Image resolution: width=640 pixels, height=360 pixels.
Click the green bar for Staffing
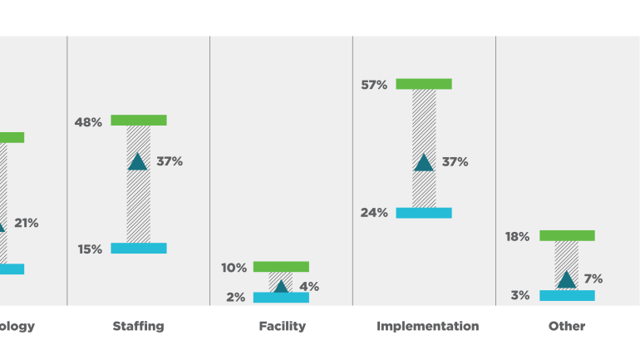[139, 121]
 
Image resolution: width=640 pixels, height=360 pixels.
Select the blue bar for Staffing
[139, 249]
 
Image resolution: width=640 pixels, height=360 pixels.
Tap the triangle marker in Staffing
[138, 162]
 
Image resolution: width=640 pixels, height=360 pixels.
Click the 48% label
[88, 122]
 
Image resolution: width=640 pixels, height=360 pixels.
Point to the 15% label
[90, 249]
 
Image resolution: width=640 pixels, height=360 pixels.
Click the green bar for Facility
[281, 267]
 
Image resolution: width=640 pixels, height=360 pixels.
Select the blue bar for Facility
[281, 298]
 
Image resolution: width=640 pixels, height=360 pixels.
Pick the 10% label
[234, 268]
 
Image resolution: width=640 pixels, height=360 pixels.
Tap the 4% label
[309, 287]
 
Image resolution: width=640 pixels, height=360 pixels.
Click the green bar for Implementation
[424, 84]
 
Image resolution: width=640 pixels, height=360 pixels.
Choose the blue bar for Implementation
[424, 213]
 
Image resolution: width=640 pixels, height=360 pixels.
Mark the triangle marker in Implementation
[424, 163]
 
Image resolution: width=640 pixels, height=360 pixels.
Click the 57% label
[374, 85]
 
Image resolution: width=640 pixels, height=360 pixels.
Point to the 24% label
[374, 213]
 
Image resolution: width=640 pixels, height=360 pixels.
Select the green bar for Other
[567, 236]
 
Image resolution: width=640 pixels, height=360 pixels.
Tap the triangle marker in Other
[567, 280]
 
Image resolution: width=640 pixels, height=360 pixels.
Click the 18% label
[516, 237]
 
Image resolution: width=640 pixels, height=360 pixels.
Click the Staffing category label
[138, 326]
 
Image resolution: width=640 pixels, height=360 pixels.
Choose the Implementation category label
[427, 326]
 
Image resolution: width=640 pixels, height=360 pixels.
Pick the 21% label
[26, 223]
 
